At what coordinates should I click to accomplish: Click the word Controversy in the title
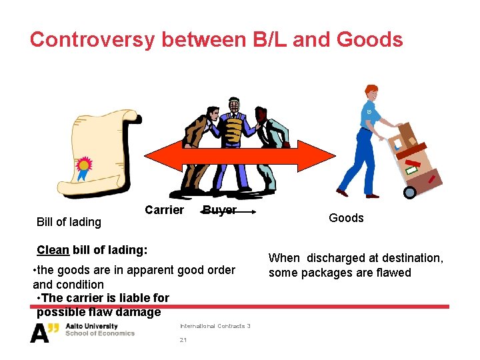coord(91,39)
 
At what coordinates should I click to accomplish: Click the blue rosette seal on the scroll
coord(84,167)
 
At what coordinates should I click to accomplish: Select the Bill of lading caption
coord(69,222)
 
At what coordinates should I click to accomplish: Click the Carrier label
coord(164,211)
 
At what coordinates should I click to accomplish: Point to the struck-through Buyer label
coord(219,211)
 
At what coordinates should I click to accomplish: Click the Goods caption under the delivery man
coord(346,218)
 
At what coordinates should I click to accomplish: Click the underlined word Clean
coord(53,250)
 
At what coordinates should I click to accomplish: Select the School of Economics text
coord(99,333)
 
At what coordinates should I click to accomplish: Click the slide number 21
coord(183,340)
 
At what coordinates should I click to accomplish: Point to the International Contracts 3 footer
coord(215,326)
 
